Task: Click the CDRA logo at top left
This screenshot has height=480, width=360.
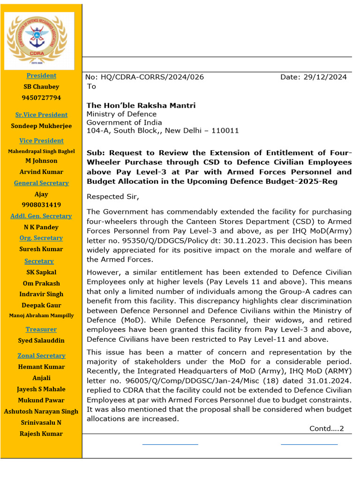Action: (x=39, y=41)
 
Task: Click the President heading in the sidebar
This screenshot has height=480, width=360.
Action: (x=41, y=75)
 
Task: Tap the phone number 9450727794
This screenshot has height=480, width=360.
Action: (x=41, y=98)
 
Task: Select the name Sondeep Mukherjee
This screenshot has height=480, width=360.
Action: (x=41, y=126)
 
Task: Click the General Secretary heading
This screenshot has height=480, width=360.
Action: (x=41, y=183)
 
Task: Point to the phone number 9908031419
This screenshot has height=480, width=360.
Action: (x=41, y=205)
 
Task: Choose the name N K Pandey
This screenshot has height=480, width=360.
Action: (x=41, y=227)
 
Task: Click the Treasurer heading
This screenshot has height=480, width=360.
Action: (x=41, y=330)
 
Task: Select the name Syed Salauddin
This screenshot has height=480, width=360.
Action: (x=41, y=341)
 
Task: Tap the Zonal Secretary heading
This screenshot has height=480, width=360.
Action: (x=41, y=356)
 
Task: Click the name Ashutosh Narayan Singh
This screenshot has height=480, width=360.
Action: (x=41, y=412)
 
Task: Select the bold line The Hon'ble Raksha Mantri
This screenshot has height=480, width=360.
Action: (x=141, y=105)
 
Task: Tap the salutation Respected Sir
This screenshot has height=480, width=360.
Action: (x=113, y=196)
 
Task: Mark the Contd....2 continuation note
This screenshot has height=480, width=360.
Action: (x=326, y=428)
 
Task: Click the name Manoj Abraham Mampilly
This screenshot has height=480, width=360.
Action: (x=41, y=315)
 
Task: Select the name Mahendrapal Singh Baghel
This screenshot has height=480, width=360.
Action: (x=41, y=151)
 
